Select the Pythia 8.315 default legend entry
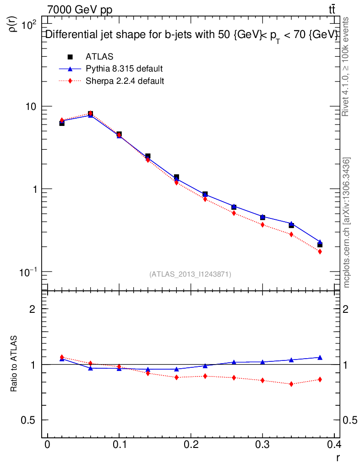124,69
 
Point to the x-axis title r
338,457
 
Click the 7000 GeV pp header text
80,10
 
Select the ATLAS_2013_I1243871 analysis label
190,274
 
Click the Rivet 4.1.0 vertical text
346,67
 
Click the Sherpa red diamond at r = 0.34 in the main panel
291,234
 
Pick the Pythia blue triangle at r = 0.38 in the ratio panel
320,357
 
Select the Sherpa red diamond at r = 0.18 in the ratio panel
176,377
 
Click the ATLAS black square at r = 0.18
176,177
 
